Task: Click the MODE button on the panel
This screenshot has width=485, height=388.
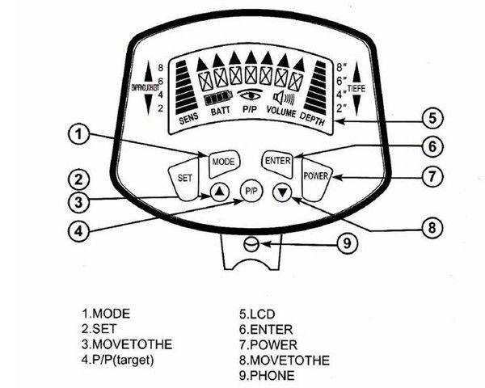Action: [222, 162]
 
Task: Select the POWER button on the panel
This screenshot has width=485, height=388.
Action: [314, 176]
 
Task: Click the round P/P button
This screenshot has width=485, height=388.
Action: [250, 192]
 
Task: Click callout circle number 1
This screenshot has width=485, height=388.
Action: [78, 133]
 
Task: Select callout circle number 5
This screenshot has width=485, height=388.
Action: [434, 117]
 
